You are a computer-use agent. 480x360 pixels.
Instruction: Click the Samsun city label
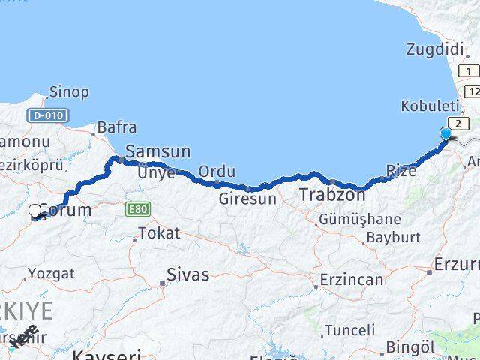[x=157, y=151]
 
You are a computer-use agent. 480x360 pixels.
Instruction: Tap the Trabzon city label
[x=332, y=195]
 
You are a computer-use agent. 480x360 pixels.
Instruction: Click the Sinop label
[x=68, y=92]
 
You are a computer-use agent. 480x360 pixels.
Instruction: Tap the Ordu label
[x=217, y=172]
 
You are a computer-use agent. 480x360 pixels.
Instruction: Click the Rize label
[x=401, y=172]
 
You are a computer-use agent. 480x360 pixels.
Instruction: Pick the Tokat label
[x=159, y=233]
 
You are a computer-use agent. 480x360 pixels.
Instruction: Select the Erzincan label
[x=351, y=280]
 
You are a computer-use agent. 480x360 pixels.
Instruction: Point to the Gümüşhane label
[x=360, y=220]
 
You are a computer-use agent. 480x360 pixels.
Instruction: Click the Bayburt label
[x=392, y=238]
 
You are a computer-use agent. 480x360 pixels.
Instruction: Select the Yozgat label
[x=51, y=274]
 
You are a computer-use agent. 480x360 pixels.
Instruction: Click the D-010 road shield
[x=48, y=115]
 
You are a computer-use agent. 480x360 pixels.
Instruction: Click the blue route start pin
[x=445, y=134]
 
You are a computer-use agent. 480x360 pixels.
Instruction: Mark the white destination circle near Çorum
[x=35, y=212]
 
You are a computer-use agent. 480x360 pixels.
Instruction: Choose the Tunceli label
[x=349, y=330]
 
